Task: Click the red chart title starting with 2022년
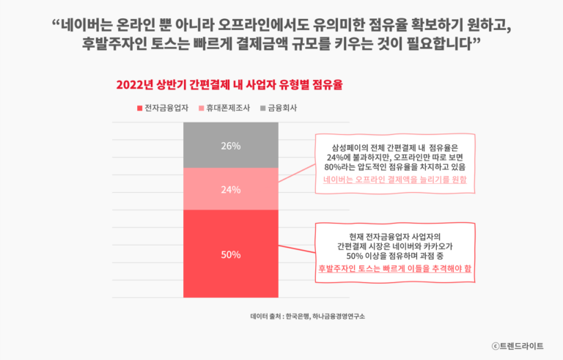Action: (229, 84)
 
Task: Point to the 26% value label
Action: (231, 146)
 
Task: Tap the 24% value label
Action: (231, 189)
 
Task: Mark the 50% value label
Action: (231, 254)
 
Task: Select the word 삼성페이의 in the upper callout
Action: (350, 147)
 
